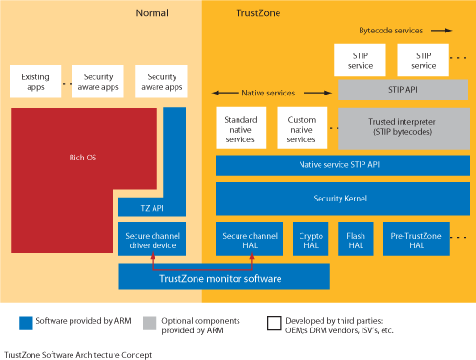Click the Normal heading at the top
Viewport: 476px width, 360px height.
(x=153, y=13)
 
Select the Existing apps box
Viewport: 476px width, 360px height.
(x=34, y=80)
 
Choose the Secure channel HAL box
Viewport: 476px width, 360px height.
(x=249, y=239)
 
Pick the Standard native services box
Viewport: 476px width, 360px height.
(x=241, y=127)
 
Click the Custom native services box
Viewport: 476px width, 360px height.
(x=301, y=127)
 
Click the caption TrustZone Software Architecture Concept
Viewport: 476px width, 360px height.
(x=76, y=353)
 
